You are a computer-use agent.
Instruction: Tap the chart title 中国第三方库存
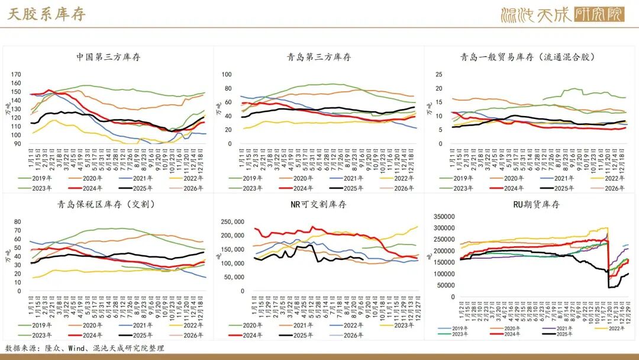point(108,57)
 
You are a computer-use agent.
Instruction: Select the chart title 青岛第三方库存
point(319,57)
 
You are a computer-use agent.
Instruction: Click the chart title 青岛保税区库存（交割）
point(108,205)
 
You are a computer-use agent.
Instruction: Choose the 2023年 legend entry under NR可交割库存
point(403,325)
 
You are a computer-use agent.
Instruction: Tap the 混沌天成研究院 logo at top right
point(561,14)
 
